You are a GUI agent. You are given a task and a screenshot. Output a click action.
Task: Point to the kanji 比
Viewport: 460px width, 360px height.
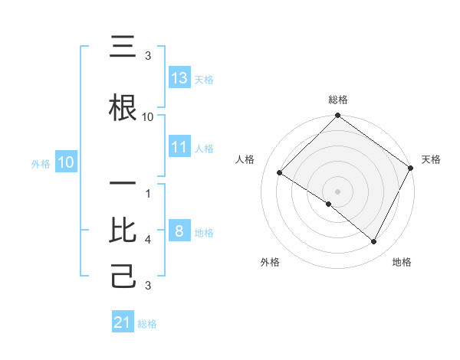123,231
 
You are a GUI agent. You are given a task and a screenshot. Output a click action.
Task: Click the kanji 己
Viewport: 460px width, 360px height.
123,276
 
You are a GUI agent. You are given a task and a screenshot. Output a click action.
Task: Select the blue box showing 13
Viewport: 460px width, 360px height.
179,78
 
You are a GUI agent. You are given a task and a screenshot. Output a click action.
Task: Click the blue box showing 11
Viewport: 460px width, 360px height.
179,147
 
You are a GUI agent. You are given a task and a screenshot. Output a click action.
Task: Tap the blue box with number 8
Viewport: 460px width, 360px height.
179,231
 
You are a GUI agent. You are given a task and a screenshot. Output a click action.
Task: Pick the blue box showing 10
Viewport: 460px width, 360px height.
66,162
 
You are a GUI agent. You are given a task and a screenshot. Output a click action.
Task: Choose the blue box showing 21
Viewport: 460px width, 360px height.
123,322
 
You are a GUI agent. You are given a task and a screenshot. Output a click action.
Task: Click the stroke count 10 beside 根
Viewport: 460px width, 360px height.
148,117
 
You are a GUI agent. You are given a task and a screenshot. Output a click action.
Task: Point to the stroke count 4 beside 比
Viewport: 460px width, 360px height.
148,240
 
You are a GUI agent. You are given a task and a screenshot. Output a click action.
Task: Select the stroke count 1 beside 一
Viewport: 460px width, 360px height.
148,194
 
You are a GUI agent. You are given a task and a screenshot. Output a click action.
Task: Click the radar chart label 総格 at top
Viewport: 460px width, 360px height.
338,100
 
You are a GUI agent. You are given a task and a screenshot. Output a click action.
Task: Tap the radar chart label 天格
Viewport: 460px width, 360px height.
431,159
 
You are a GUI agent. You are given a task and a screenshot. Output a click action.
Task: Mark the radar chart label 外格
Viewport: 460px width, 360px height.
270,262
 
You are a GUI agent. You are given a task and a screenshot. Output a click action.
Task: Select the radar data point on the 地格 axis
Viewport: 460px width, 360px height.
374,241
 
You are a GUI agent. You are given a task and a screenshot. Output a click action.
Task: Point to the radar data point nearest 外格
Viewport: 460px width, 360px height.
329,204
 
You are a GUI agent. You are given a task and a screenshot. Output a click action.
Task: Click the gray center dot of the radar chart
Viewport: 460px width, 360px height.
338,191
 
